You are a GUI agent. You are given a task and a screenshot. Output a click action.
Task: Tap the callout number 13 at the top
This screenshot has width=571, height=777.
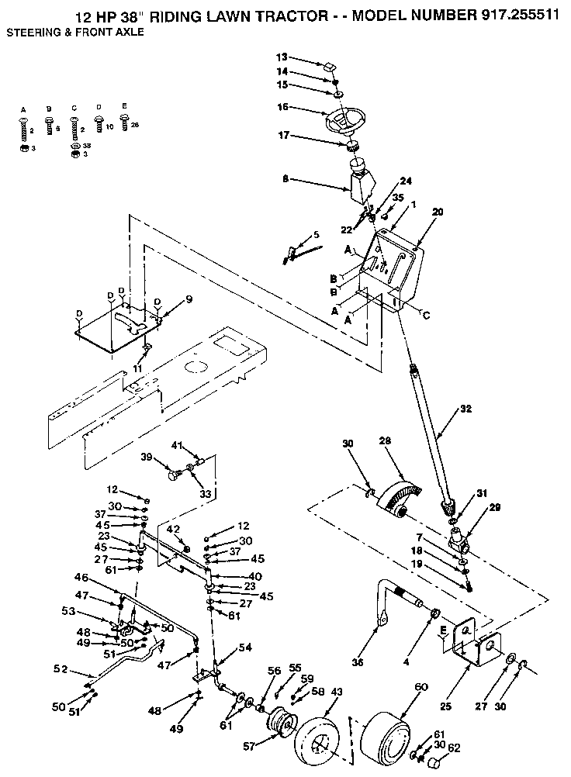[282, 57]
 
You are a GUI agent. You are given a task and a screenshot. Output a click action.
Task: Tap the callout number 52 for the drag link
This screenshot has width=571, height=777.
[60, 668]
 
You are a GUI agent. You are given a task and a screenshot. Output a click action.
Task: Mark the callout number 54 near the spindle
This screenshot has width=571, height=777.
[245, 646]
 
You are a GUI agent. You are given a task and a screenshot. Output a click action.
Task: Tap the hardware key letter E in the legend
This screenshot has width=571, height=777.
[124, 106]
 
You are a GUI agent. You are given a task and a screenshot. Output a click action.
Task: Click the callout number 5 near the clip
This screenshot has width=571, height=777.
[316, 234]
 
